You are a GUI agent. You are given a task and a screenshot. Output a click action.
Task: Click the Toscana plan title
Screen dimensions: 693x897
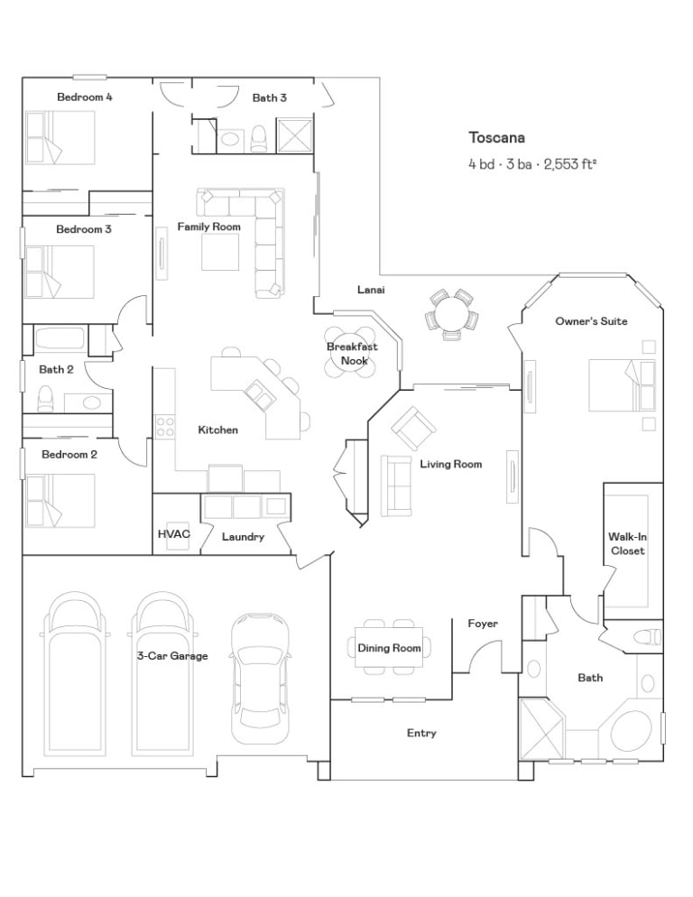pos(496,138)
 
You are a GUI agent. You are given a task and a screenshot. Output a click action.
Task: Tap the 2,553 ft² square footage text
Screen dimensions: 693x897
pos(570,165)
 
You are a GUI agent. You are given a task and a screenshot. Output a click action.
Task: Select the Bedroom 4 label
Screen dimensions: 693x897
pos(85,97)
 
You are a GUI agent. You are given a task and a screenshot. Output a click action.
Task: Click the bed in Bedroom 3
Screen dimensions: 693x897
pos(60,273)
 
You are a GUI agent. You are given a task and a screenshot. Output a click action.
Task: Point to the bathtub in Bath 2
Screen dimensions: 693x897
pos(60,338)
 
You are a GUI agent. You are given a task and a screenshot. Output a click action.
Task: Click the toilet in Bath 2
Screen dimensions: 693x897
pos(44,399)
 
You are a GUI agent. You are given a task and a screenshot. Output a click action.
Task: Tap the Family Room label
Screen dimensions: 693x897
pos(208,227)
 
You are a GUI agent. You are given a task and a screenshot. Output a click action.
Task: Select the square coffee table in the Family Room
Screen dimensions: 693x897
pos(220,253)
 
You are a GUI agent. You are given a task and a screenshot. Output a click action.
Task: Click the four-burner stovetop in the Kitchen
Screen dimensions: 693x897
pos(165,426)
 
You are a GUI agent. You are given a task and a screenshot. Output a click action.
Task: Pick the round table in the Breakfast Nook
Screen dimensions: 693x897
pos(350,353)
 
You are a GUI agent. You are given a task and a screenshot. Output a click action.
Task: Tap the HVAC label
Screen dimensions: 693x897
pos(174,533)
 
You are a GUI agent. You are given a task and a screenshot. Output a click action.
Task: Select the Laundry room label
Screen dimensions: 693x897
pos(244,537)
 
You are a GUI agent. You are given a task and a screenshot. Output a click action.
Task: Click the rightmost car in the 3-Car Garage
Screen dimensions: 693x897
pos(261,678)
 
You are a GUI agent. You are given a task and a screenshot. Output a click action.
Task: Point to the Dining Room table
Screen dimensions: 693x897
pos(389,647)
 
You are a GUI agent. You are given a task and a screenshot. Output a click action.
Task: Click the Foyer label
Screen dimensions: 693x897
pos(483,624)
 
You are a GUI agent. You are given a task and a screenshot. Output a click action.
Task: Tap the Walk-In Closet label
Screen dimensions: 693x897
pos(627,543)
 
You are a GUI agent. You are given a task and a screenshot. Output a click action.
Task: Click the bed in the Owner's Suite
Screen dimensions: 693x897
pos(622,385)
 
